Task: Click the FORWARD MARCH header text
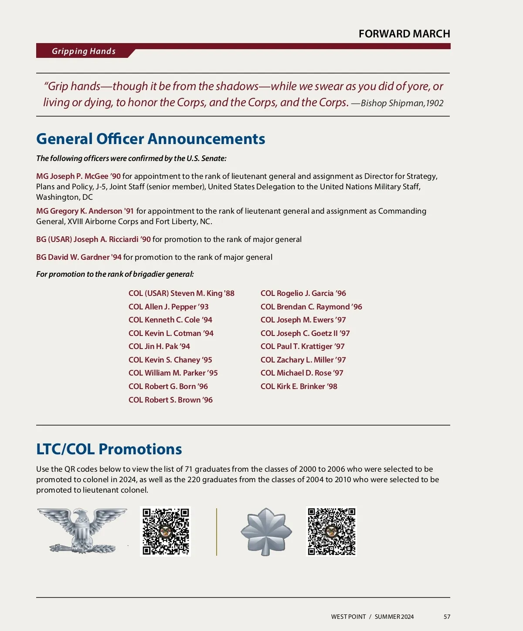click(x=404, y=34)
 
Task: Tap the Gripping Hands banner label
click(x=84, y=51)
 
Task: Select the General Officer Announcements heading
click(x=150, y=139)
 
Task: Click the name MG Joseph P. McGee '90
click(x=78, y=176)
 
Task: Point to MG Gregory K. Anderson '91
click(x=85, y=211)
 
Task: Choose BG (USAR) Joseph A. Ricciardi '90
click(x=93, y=239)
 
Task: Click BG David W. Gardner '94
click(x=79, y=257)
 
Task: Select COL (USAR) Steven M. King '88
click(x=181, y=293)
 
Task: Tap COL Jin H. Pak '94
click(x=159, y=346)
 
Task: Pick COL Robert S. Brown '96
click(x=170, y=400)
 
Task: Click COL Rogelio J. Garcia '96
click(x=303, y=293)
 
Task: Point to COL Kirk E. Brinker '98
click(x=299, y=386)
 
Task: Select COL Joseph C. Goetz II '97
click(x=305, y=333)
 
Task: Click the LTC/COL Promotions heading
click(x=109, y=449)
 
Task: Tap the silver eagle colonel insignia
click(x=82, y=531)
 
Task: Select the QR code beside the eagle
click(x=166, y=531)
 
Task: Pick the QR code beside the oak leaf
click(x=331, y=531)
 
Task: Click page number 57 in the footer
click(x=447, y=617)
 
